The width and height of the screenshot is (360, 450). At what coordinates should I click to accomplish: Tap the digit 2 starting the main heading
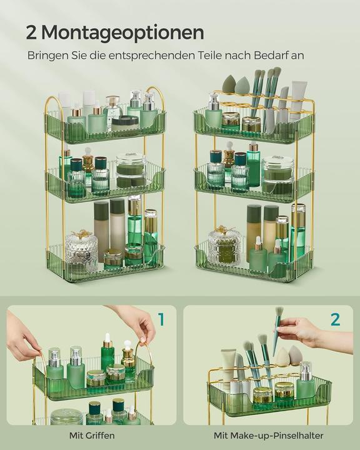(x=31, y=32)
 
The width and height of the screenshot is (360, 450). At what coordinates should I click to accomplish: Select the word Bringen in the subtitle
(x=47, y=56)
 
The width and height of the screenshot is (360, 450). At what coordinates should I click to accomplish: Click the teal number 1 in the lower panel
(x=161, y=320)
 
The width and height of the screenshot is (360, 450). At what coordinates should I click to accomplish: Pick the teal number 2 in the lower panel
(x=335, y=320)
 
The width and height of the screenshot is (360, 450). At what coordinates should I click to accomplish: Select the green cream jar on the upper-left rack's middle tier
(x=130, y=170)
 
